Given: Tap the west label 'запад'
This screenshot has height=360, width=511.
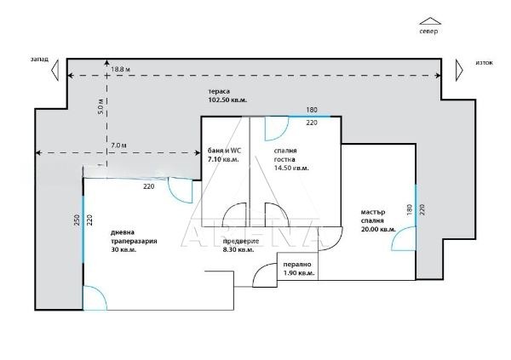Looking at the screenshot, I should click(37, 60).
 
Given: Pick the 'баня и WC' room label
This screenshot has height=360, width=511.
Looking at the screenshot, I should click(224, 151).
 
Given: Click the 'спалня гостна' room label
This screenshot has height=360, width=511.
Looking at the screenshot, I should click(285, 155).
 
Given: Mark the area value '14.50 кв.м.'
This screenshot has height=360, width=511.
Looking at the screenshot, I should click(291, 169).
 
